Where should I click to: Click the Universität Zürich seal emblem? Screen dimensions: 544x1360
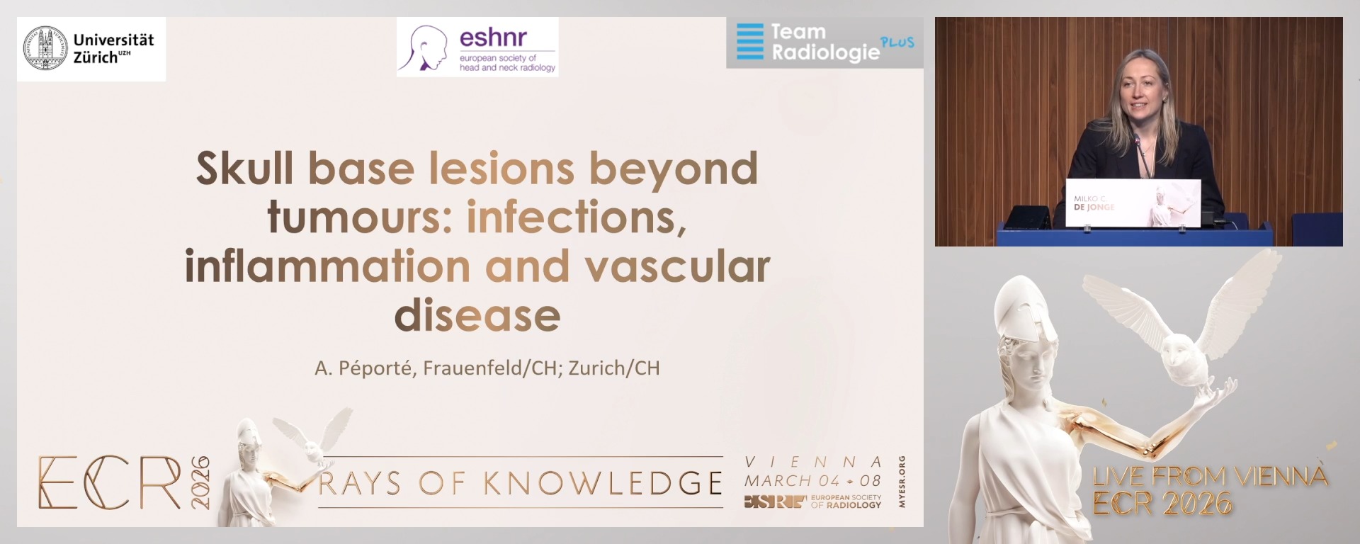(45, 48)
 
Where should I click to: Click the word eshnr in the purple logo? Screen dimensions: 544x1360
(493, 37)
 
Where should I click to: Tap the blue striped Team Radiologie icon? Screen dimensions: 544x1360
(750, 41)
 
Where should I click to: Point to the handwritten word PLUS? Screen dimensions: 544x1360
(897, 42)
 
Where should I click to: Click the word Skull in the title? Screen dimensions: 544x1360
(244, 169)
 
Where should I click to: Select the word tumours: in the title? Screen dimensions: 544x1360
(360, 217)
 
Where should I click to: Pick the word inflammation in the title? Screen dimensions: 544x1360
(327, 266)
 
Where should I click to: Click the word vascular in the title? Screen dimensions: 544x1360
(676, 266)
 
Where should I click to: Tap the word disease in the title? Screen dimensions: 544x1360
(477, 315)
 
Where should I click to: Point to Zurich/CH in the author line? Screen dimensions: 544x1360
(613, 368)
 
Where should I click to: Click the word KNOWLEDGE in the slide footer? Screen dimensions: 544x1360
(603, 484)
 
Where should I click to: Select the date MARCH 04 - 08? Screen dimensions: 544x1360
(812, 480)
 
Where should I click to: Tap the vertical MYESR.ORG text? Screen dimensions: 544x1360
(902, 482)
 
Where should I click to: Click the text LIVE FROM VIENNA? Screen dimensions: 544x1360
(1210, 476)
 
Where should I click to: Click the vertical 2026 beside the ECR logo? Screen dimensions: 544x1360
(200, 482)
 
